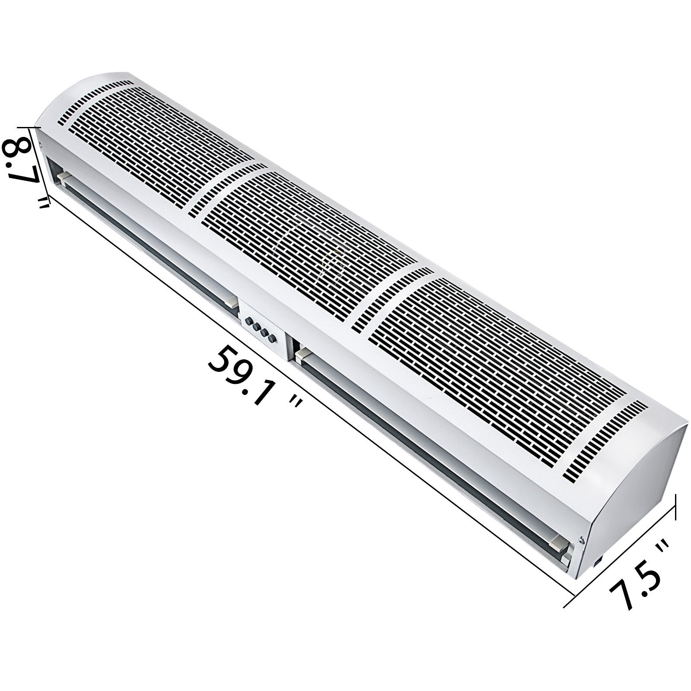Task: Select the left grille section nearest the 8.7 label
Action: click(164, 143)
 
